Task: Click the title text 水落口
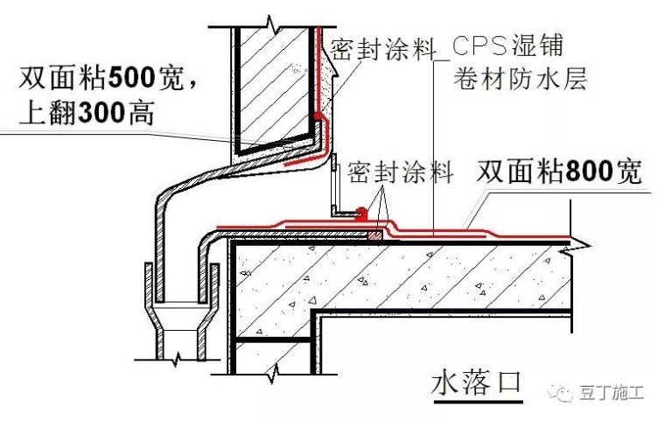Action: [x=476, y=382]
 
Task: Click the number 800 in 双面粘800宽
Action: [x=590, y=172]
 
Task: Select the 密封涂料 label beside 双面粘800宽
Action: [x=400, y=172]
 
